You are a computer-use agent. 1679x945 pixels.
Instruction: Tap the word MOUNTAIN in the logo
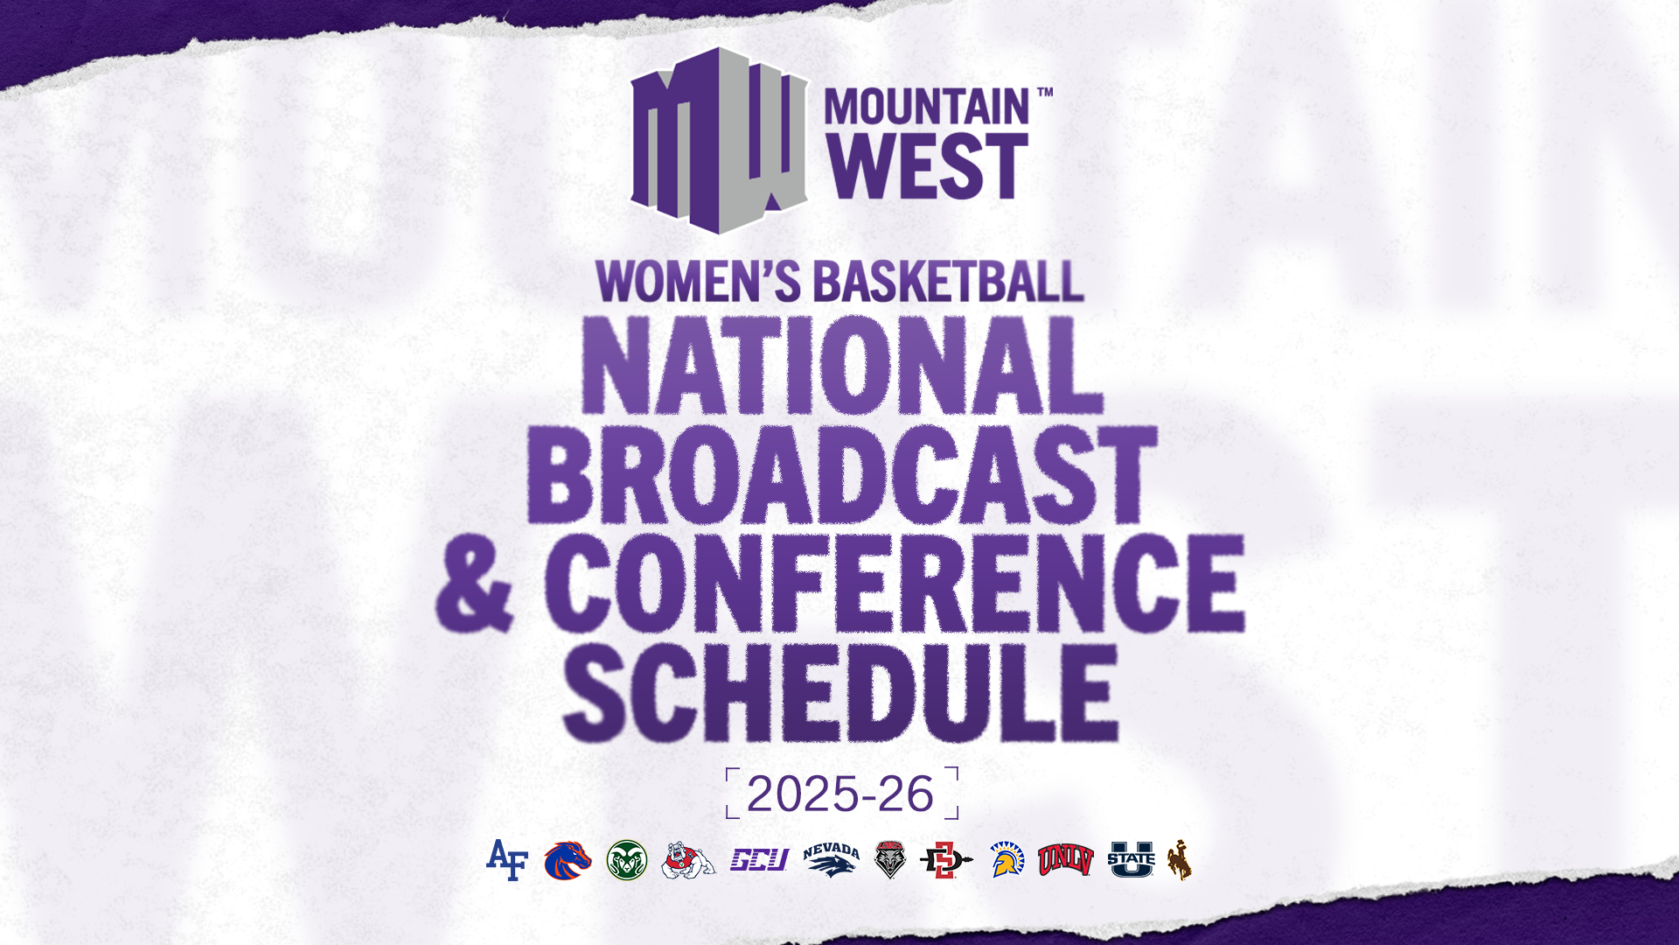927,108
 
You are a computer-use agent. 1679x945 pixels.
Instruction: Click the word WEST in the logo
927,166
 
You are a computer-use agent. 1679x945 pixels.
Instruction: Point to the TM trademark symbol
1044,91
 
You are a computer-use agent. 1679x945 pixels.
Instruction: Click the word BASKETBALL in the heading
949,282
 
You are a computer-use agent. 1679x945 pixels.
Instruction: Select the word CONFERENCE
894,584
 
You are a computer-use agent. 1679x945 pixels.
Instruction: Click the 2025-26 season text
840,794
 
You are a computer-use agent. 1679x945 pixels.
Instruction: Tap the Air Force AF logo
507,860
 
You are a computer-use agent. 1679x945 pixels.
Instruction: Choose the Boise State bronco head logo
568,860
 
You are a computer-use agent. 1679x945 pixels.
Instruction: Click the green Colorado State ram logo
627,860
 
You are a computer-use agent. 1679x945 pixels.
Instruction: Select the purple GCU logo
759,860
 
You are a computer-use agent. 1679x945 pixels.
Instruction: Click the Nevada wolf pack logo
831,860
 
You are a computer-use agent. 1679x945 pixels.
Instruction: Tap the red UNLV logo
1065,860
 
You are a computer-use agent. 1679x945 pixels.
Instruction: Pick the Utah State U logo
1132,860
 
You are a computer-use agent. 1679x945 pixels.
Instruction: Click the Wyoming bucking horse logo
1179,860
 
